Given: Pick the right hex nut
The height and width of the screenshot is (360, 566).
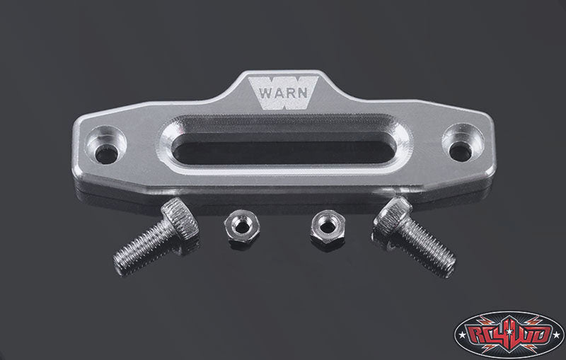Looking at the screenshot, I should click(x=327, y=228).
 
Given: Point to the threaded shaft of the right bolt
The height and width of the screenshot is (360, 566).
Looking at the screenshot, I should click(x=427, y=248).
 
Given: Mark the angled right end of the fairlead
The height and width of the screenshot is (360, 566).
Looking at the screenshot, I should click(x=487, y=145).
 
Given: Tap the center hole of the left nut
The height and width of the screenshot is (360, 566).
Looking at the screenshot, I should click(x=236, y=227).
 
